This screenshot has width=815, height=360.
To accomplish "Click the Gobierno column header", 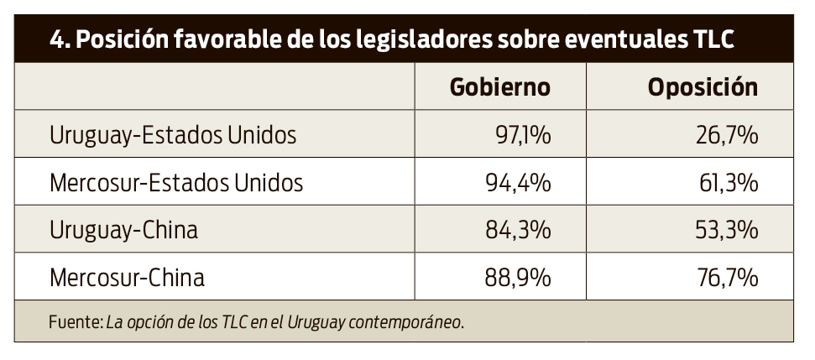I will (499, 87).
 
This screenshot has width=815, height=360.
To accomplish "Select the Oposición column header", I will (702, 87).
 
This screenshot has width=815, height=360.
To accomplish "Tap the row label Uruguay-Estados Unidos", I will (173, 134).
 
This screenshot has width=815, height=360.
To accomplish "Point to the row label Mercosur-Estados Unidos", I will (176, 182).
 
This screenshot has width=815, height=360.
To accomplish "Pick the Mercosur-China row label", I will (128, 276).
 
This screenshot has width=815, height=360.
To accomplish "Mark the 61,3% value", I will (729, 182).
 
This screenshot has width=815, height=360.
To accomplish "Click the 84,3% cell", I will (520, 229).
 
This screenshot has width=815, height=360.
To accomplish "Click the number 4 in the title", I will (55, 40).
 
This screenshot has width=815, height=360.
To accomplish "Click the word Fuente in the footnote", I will (74, 321).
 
